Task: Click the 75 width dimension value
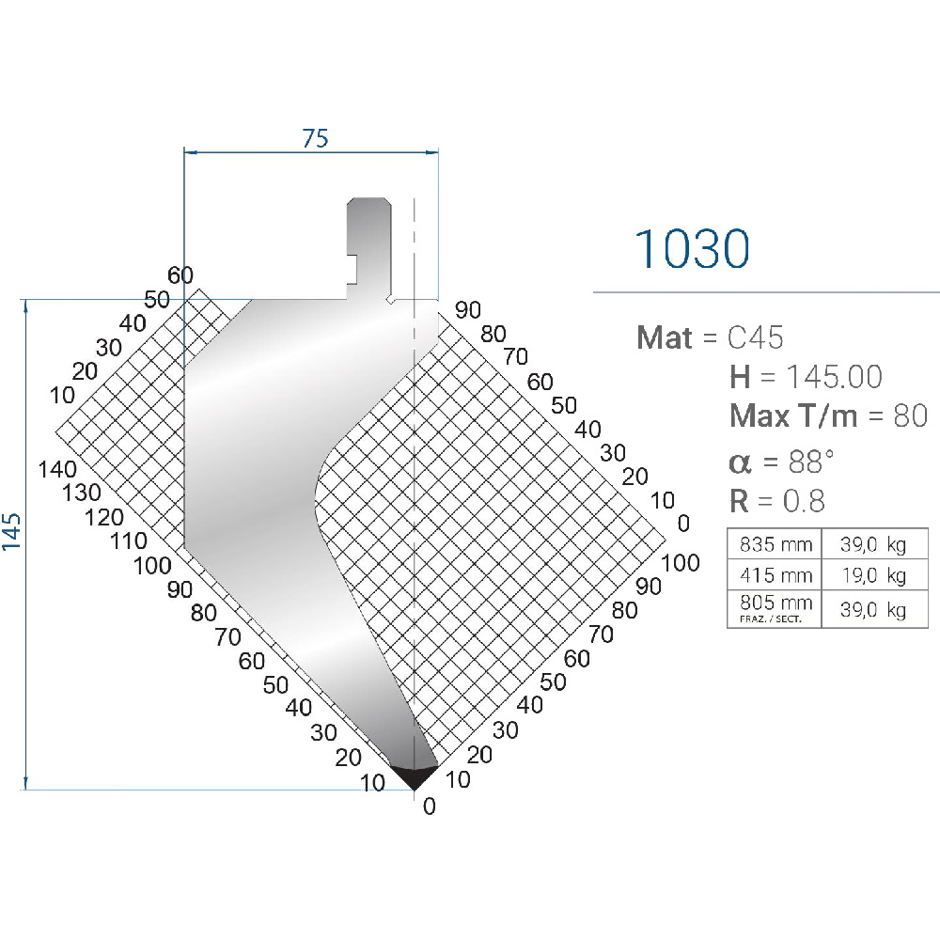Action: tap(315, 138)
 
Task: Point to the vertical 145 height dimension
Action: tap(11, 531)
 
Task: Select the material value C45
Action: tap(756, 337)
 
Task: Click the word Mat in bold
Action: tap(665, 337)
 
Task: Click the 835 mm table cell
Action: tap(775, 543)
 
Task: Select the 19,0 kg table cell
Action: tap(874, 575)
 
